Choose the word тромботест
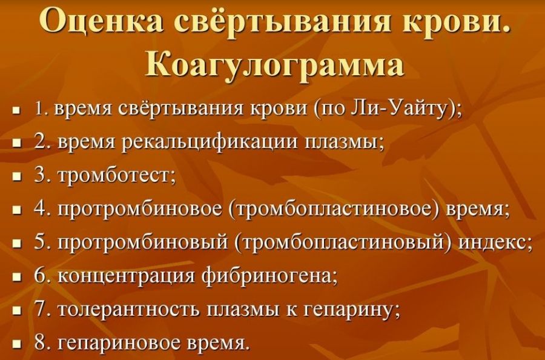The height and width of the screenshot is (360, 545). click(114, 176)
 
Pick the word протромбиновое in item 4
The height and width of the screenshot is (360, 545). click(139, 210)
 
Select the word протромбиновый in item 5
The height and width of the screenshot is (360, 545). click(142, 243)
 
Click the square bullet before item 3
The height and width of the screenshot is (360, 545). click(16, 177)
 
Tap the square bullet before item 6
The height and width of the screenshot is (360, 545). click(16, 278)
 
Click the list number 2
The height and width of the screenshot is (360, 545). click(41, 142)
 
